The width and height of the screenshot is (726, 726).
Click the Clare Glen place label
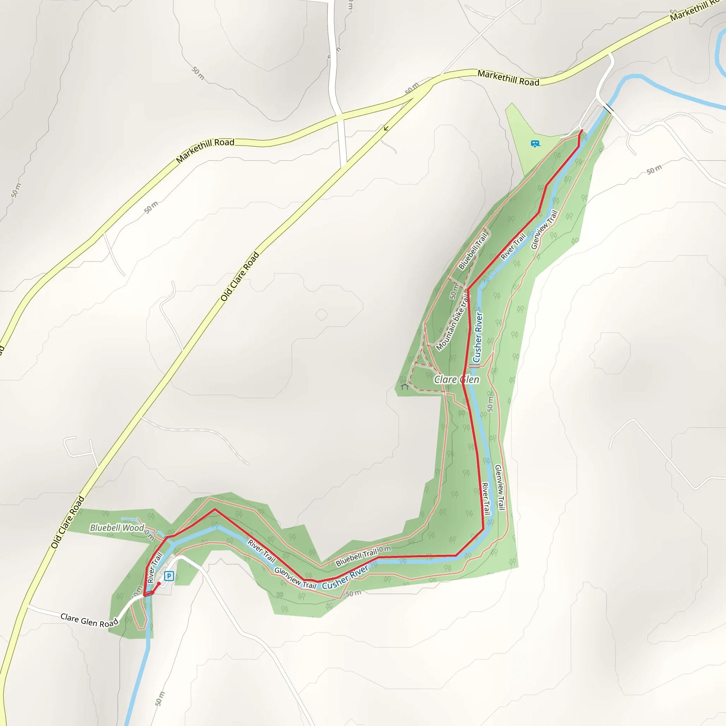click(x=457, y=380)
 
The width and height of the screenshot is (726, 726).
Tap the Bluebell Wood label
click(x=117, y=528)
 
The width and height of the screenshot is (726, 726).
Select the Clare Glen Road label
click(x=89, y=620)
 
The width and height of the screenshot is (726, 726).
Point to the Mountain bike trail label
click(x=452, y=323)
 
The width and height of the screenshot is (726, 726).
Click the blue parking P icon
click(x=169, y=576)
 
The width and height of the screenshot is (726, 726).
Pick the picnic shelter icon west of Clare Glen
click(x=404, y=386)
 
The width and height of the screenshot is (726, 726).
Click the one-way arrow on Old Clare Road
click(x=386, y=129)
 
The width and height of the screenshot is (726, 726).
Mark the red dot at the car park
click(x=159, y=583)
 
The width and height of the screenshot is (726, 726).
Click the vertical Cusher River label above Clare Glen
click(x=477, y=337)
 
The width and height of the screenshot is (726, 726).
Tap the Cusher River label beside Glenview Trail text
click(x=345, y=577)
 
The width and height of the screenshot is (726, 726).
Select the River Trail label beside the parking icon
click(x=155, y=568)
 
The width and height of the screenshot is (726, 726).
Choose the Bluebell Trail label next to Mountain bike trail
click(x=473, y=251)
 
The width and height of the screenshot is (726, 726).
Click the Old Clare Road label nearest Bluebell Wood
click(x=68, y=522)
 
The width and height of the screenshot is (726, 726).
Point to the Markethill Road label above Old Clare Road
click(x=205, y=150)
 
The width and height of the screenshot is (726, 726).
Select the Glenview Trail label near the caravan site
click(x=544, y=230)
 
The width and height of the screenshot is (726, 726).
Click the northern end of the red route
click(x=582, y=130)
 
